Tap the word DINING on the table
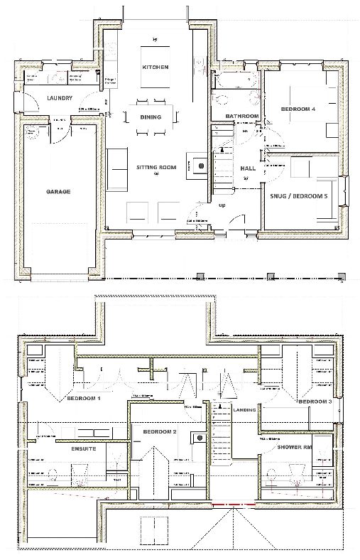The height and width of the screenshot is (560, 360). click(151, 117)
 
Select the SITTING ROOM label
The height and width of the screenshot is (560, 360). click(156, 167)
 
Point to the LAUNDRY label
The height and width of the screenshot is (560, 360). click(60, 98)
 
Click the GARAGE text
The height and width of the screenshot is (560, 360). click(58, 192)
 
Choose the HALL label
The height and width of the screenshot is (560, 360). click(248, 168)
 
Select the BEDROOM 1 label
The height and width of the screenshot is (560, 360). click(84, 399)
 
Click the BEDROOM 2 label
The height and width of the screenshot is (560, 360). click(159, 432)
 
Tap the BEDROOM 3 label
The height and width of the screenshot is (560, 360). click(315, 402)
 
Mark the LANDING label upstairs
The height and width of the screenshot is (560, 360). click(245, 409)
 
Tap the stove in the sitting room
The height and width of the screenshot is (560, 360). click(200, 165)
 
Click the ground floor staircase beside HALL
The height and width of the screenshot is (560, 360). click(224, 166)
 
